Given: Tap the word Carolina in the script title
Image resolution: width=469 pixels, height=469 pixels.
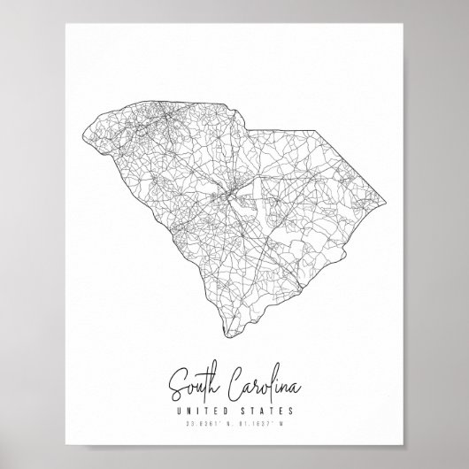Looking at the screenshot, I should [x=258, y=386].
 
